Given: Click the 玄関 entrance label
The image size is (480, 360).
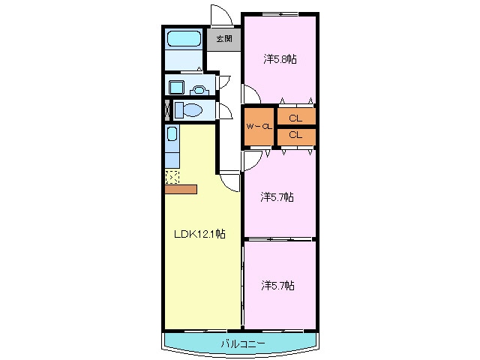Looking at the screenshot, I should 223,39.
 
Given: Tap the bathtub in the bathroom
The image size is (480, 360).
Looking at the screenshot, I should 182,39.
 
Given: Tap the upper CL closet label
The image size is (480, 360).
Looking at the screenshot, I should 295,118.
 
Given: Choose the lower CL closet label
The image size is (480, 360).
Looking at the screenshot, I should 295,135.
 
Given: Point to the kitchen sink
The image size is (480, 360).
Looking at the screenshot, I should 172,135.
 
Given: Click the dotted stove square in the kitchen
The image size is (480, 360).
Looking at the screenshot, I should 172,177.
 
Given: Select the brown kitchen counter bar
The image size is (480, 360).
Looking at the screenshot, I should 181,189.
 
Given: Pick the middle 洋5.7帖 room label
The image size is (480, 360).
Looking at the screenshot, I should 277,197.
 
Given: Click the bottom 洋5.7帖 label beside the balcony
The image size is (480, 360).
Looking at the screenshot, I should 277,285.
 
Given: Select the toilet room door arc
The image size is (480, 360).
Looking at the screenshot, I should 224,111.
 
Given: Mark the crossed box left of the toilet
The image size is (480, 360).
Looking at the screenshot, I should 167,109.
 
